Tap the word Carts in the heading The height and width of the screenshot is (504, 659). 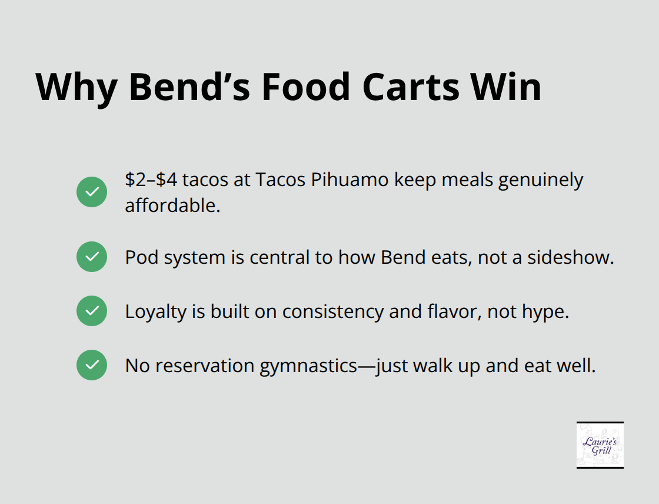(x=410, y=87)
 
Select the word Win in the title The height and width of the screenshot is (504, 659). (x=509, y=87)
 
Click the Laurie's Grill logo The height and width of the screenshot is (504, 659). (x=600, y=445)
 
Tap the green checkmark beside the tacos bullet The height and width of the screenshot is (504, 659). (x=92, y=192)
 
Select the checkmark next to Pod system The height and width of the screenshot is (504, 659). (x=92, y=257)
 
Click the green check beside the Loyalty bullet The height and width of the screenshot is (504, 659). (x=92, y=311)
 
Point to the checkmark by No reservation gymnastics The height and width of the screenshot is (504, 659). (x=92, y=365)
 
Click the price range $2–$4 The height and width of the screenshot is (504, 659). (x=151, y=180)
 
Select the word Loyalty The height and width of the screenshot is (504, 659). (x=155, y=311)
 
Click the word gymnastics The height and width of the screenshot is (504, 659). (x=308, y=366)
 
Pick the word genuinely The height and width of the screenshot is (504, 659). (x=541, y=180)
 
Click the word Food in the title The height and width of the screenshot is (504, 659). (x=306, y=87)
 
